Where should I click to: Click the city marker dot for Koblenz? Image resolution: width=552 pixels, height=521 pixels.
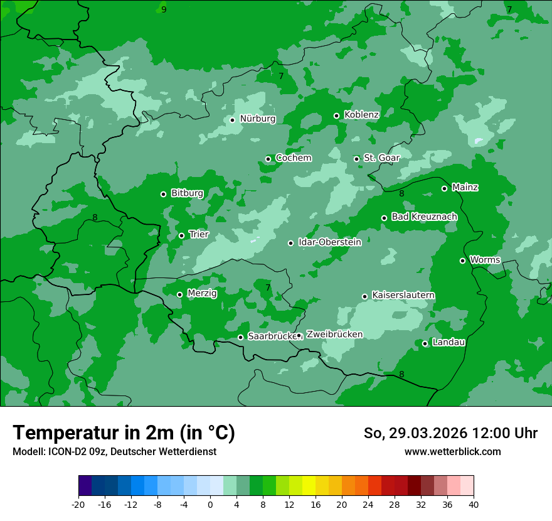coord(336,115)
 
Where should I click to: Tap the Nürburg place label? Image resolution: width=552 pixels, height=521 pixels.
coord(257,119)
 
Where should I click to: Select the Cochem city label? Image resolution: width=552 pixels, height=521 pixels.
coord(293,158)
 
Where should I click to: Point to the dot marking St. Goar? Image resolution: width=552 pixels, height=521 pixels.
coord(356,159)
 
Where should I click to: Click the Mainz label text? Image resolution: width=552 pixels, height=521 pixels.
coord(465,187)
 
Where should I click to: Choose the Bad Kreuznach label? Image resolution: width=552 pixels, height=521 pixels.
coord(424,217)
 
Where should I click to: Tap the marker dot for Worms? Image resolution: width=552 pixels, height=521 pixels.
coord(462,260)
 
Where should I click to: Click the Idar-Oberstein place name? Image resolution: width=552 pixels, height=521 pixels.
coord(329,242)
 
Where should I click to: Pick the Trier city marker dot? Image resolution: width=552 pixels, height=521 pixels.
coord(181,235)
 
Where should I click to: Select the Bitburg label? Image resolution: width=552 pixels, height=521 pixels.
coord(187,193)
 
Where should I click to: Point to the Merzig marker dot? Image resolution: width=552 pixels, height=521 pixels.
coord(179,294)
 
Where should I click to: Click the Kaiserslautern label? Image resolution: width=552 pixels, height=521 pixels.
coord(403,295)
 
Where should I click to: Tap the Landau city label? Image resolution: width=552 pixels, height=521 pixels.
coord(449,342)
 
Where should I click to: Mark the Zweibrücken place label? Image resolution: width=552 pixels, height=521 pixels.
coord(334,335)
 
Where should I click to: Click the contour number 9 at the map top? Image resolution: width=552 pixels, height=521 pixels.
coord(164,9)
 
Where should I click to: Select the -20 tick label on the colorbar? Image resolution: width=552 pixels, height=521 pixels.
coord(78,504)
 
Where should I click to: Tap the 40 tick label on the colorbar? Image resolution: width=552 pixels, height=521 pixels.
coord(474,504)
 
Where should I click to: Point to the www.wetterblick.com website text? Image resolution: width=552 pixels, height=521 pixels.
coord(452,451)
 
